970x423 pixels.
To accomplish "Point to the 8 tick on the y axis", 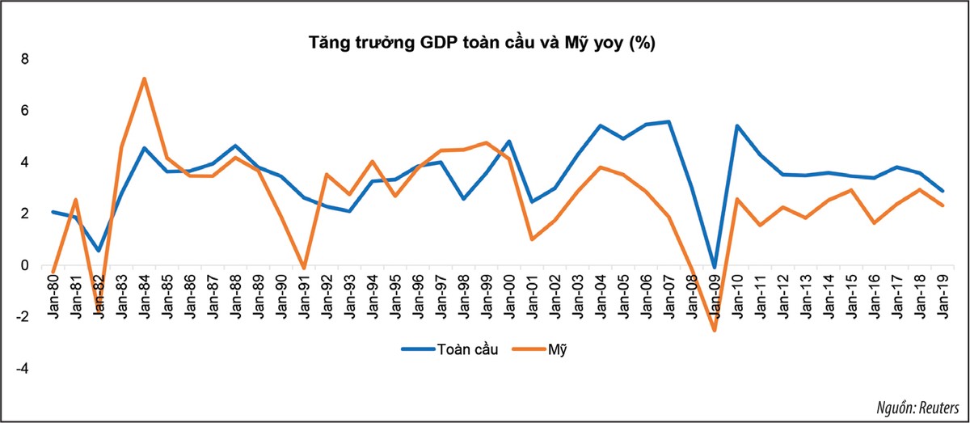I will tap(24, 59).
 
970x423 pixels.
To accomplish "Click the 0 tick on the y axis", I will tap(24, 265).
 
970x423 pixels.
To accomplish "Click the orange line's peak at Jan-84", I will tap(143, 78).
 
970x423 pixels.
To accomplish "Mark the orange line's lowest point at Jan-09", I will tap(714, 330).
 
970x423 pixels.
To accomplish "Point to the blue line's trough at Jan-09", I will tap(714, 267).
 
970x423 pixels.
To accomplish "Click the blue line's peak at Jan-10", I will tap(736, 125).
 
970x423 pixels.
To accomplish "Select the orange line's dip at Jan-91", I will tap(303, 268).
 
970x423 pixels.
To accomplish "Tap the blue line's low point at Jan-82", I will tap(98, 250).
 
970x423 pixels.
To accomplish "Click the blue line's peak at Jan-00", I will tap(508, 141).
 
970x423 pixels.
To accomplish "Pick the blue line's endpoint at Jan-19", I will tap(942, 191).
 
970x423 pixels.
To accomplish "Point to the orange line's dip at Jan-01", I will tap(531, 239).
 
